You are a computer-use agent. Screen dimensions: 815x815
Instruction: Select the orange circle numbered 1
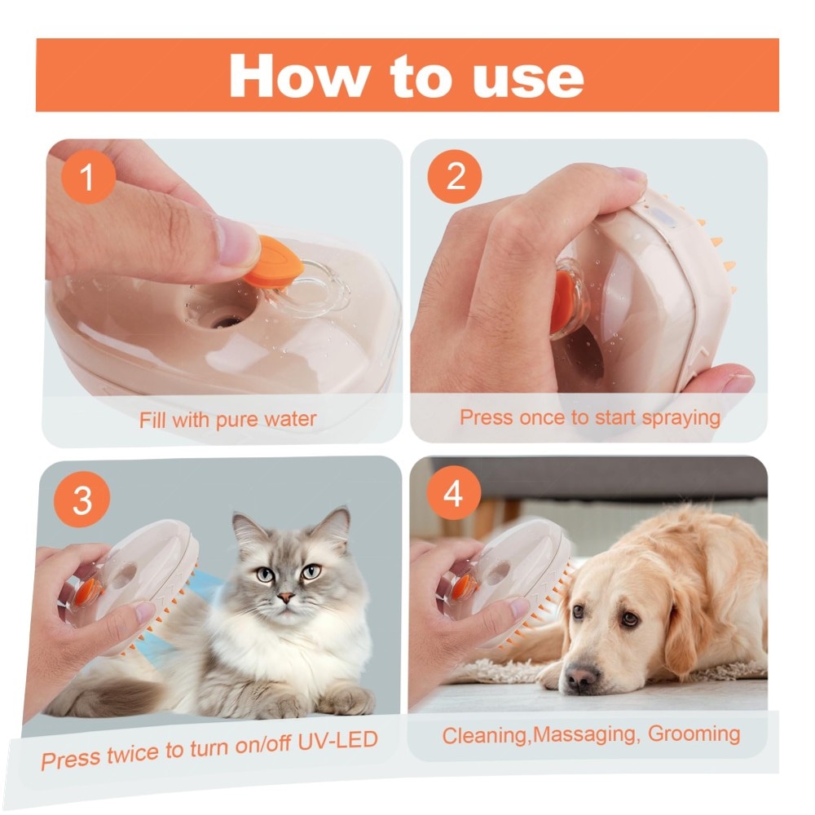88,177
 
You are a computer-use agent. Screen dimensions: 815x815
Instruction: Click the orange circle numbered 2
455,177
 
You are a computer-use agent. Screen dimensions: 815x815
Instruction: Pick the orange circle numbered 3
82,500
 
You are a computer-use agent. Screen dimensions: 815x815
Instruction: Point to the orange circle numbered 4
453,493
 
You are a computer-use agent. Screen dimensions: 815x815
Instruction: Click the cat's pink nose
286,597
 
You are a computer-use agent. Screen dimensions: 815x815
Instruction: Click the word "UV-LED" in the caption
338,741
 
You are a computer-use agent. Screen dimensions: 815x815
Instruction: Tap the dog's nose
581,676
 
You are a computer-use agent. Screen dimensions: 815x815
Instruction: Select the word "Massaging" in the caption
584,735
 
